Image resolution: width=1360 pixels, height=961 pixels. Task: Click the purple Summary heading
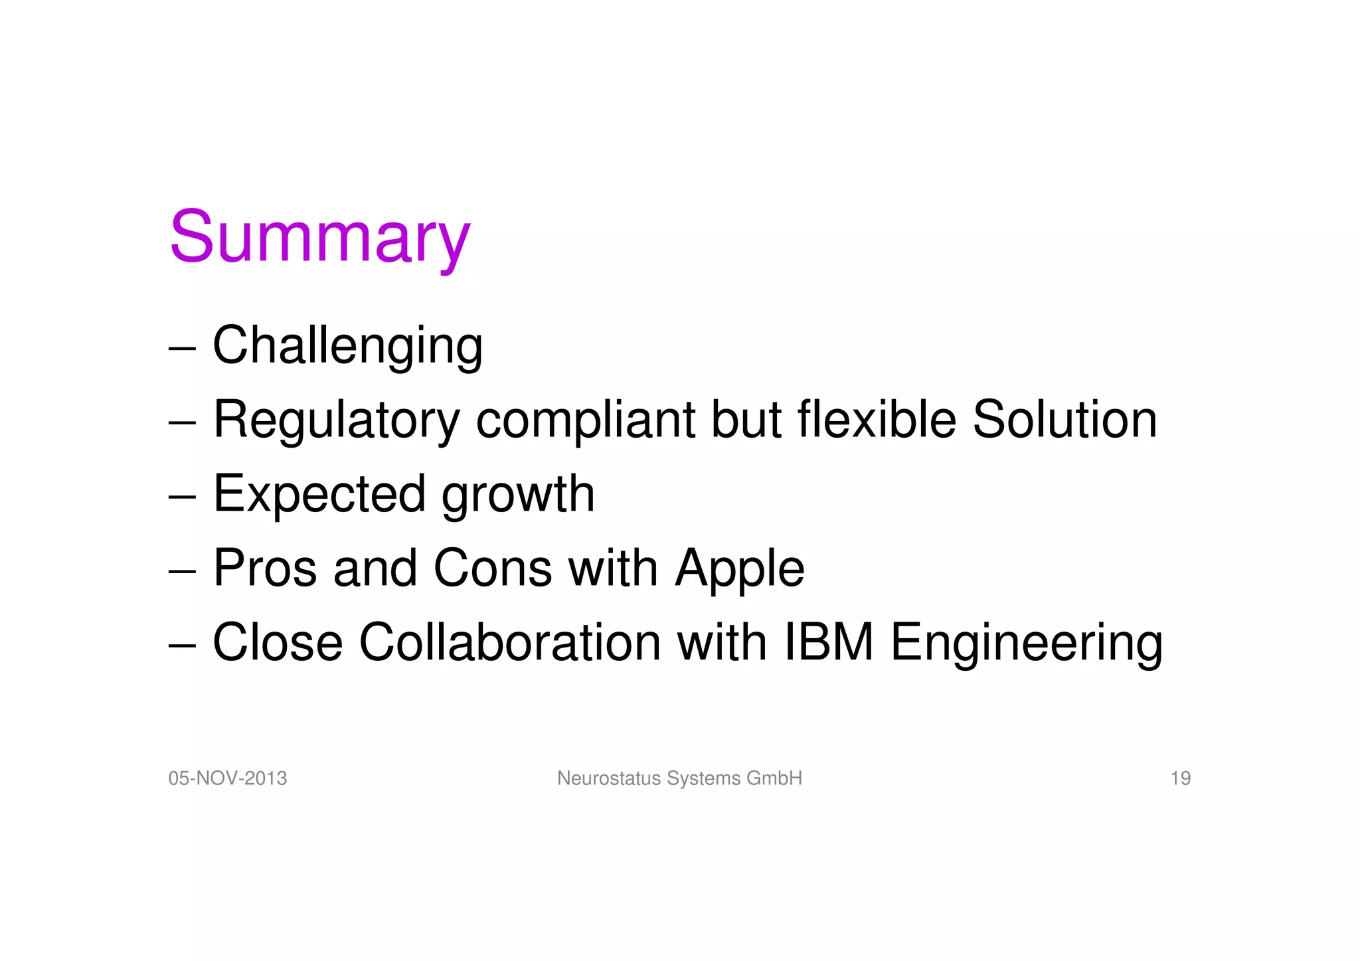tap(319, 237)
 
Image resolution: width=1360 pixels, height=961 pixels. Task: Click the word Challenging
tap(347, 346)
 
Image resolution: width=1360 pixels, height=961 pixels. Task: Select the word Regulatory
tap(336, 420)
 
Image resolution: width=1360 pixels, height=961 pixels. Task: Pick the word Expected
tap(319, 495)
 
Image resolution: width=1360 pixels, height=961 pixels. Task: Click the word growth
tap(518, 495)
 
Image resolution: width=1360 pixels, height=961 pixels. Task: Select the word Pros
tap(265, 568)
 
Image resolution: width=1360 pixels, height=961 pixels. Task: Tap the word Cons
tap(492, 568)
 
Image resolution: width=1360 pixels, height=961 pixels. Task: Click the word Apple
tap(739, 570)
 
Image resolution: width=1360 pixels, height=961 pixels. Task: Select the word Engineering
tap(1026, 644)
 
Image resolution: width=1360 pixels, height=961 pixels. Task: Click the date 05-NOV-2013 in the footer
tap(228, 778)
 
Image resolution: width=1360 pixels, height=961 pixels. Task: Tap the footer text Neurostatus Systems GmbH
tap(679, 778)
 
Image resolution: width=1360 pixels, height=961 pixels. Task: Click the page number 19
tap(1180, 778)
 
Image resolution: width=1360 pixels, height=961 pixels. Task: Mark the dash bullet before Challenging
tap(182, 348)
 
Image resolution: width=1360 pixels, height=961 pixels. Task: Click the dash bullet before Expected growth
tap(182, 497)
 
